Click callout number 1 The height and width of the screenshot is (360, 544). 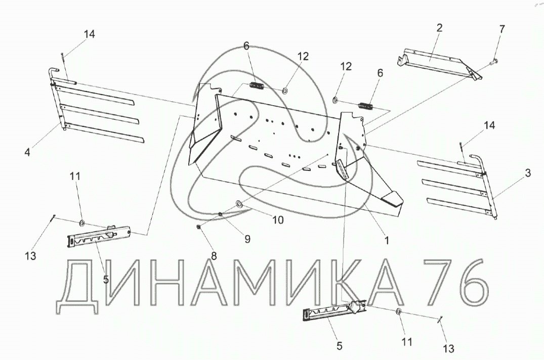(x=387, y=241)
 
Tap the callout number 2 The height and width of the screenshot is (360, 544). (x=439, y=28)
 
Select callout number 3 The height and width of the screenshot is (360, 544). (x=527, y=173)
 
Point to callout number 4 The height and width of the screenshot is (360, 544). (x=28, y=151)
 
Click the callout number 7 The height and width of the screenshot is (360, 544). (x=501, y=29)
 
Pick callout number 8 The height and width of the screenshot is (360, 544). (x=214, y=256)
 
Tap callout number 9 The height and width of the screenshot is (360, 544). (x=247, y=239)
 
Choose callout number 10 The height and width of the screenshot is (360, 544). (x=278, y=220)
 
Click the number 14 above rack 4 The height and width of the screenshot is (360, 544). (x=89, y=34)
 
